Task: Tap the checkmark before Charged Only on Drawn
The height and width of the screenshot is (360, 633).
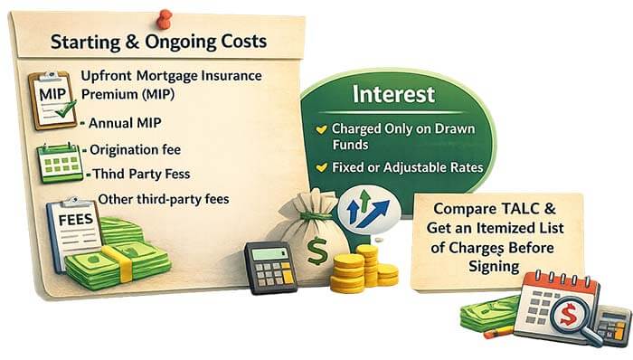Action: pos(320,129)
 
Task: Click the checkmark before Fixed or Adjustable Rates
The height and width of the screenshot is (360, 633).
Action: pos(320,167)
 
